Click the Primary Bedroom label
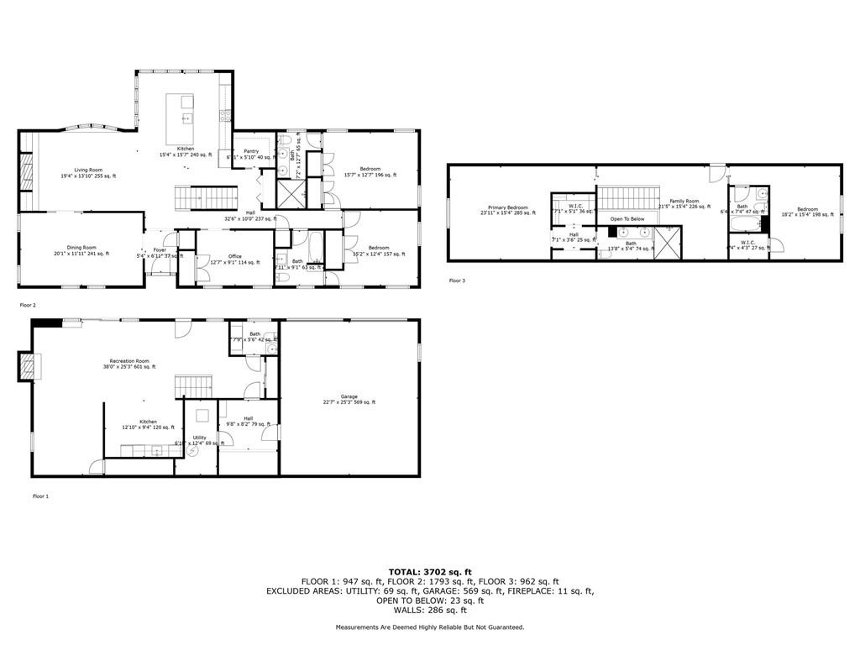[x=508, y=207]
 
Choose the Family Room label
[x=684, y=202]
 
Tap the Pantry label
[x=250, y=151]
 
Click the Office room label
[x=235, y=256]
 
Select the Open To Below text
[x=627, y=218]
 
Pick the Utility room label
[x=199, y=437]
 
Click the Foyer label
[x=160, y=249]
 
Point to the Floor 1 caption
[x=40, y=496]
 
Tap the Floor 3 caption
[x=457, y=280]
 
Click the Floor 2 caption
[x=28, y=305]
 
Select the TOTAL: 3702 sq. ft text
[x=430, y=570]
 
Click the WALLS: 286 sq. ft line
[x=430, y=610]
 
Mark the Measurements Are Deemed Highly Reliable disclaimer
[x=430, y=627]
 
